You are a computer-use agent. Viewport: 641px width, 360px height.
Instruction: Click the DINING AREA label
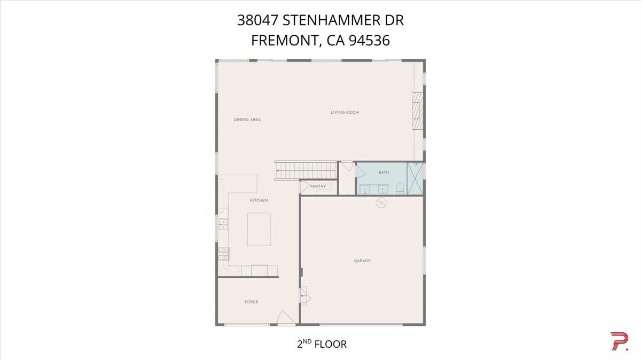click(247, 120)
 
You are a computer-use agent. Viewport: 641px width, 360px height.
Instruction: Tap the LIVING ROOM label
click(345, 112)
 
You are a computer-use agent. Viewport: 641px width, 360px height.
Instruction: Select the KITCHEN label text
click(259, 200)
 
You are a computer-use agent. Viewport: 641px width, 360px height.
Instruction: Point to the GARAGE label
click(362, 261)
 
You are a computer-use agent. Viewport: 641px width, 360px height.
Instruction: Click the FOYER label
click(252, 302)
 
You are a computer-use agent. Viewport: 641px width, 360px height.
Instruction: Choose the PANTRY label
click(318, 186)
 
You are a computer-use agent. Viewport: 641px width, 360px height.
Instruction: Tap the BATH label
click(384, 173)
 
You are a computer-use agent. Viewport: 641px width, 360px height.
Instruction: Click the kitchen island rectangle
click(259, 229)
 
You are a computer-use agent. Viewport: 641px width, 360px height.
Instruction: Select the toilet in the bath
click(400, 187)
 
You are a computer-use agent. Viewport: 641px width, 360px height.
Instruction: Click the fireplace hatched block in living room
click(417, 111)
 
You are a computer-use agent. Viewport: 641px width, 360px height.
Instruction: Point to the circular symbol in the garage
click(381, 202)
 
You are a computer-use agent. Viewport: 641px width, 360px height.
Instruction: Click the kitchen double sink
click(222, 224)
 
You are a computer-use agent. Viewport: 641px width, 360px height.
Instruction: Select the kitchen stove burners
click(222, 254)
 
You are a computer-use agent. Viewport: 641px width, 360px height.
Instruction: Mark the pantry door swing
click(305, 186)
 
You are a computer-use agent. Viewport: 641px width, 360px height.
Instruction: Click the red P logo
click(619, 342)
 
